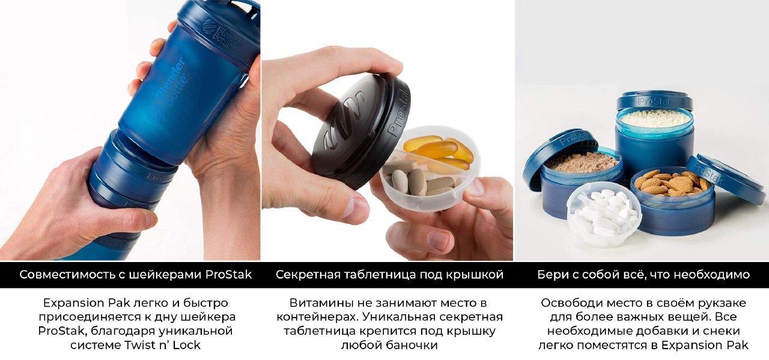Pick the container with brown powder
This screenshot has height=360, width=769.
tap(579, 174)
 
